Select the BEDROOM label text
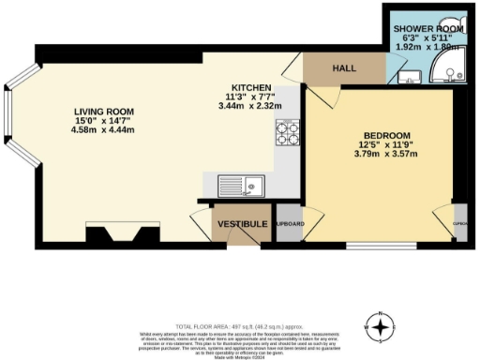383,134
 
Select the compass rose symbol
380,327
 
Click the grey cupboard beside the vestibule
289,226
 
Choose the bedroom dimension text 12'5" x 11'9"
383,144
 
